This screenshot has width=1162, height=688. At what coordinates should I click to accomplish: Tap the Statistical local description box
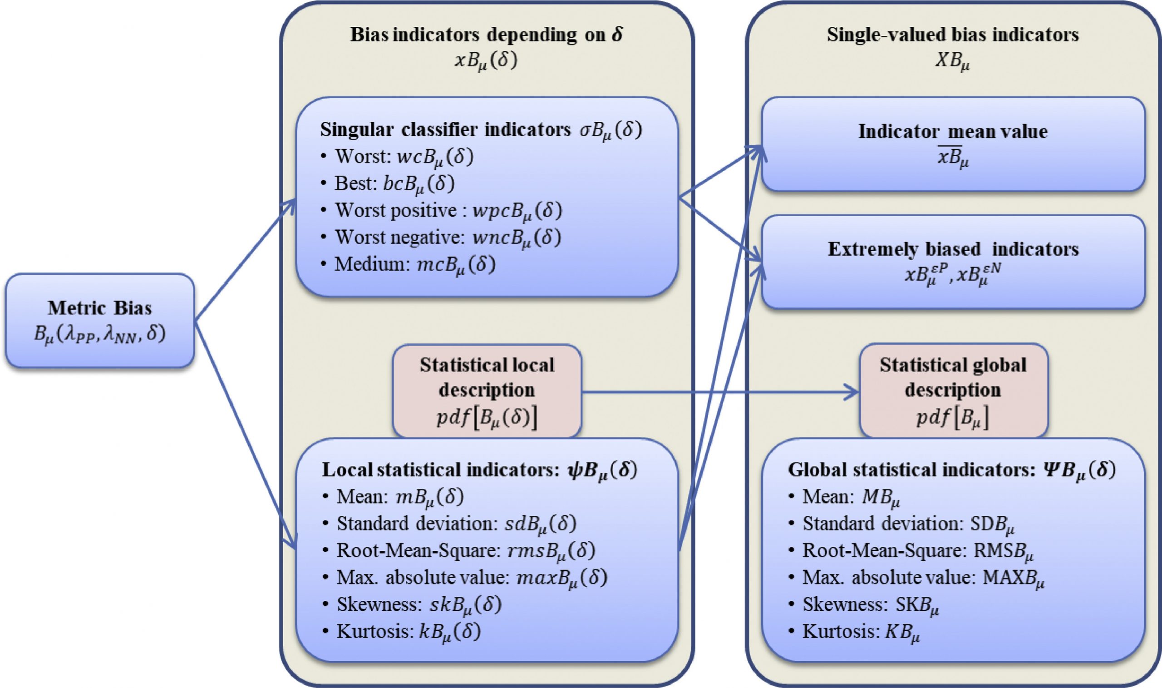coord(487,391)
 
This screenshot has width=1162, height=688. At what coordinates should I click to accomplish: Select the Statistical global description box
coord(953,391)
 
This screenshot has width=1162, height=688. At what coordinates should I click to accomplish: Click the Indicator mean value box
coord(953,144)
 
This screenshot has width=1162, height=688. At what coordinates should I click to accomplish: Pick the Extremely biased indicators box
coord(953,261)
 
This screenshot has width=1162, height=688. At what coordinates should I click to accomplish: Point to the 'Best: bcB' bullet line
coord(394,184)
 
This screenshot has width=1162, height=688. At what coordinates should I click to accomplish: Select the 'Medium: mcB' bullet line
coord(415,265)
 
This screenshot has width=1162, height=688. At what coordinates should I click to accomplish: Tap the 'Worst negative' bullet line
coord(447,238)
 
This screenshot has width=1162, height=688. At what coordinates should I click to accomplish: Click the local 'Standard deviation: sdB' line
coord(456,524)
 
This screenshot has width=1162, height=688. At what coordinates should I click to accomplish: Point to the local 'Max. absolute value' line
coord(472,578)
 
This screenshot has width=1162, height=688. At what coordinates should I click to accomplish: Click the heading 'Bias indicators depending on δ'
coord(487,35)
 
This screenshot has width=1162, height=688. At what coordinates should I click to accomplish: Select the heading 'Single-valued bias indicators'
coord(953,35)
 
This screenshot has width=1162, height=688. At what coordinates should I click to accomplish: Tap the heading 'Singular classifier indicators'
coord(481,131)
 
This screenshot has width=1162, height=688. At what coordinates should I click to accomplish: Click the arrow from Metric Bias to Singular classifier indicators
coord(246,260)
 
